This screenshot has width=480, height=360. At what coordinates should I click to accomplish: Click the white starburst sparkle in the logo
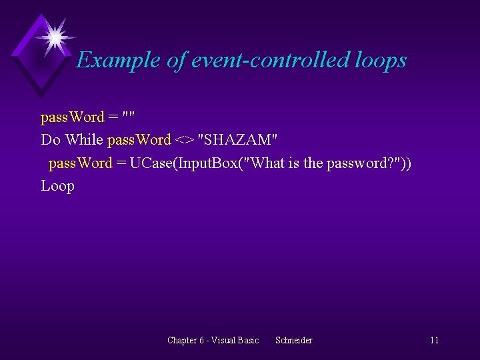click(x=53, y=36)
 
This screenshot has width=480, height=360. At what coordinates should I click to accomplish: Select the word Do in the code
click(x=51, y=140)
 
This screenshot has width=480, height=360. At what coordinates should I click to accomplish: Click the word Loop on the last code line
click(x=57, y=185)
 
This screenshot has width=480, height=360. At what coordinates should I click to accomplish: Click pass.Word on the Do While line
click(x=139, y=140)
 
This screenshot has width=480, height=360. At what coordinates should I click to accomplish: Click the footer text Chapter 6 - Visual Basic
click(x=213, y=340)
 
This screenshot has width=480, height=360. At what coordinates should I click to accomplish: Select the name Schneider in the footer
click(x=293, y=340)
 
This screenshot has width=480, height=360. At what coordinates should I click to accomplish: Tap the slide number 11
click(x=434, y=340)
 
